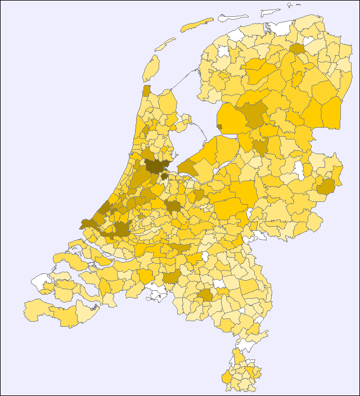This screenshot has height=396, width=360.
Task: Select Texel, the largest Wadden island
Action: [150, 67]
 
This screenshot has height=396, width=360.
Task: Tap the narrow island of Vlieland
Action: [165, 44]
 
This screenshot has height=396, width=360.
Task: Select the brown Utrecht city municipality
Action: [173, 206]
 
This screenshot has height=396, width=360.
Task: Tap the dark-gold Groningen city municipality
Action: [296, 48]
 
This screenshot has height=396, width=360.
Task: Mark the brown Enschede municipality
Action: [325, 186]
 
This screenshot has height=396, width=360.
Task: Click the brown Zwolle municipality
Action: [260, 147]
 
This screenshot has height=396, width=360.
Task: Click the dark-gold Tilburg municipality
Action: [172, 276]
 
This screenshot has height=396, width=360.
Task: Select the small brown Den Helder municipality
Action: [146, 91]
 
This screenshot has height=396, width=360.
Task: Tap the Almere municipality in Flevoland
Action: [186, 166]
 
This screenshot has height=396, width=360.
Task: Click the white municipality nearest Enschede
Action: [299, 169]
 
